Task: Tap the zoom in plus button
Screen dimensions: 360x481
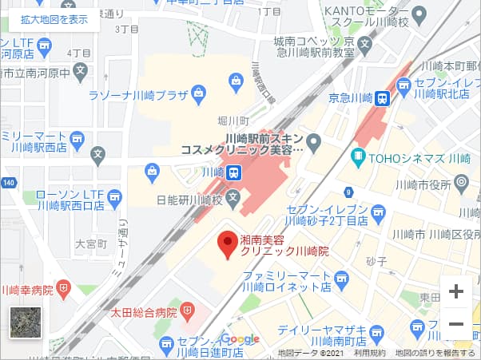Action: click(456, 292)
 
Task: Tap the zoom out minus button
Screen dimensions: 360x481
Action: click(456, 323)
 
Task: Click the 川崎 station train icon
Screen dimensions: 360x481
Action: click(233, 172)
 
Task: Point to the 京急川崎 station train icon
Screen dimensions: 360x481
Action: click(384, 98)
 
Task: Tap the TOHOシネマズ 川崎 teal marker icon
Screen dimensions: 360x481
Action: click(358, 157)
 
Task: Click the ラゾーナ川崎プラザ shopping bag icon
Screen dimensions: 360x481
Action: click(236, 80)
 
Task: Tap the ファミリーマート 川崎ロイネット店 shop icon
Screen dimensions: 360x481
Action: click(343, 279)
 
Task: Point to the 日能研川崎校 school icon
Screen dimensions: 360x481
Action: click(233, 196)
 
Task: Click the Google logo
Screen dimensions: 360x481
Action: click(240, 339)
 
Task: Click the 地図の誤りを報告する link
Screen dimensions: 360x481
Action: click(435, 353)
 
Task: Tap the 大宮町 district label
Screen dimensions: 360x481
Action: click(90, 243)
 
